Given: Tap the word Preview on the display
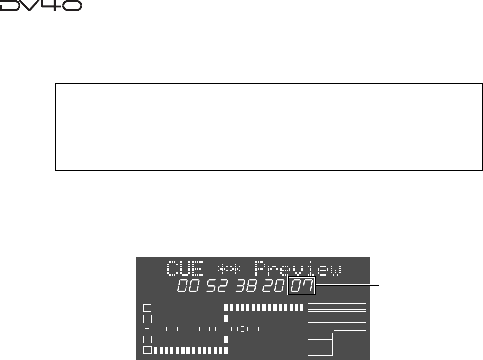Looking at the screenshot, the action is point(298,269).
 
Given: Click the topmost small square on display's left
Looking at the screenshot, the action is point(147,307).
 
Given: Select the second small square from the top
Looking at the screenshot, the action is point(147,319).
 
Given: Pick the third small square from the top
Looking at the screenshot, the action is point(147,339).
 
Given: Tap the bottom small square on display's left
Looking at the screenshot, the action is point(147,350).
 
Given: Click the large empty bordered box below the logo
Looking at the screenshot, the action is point(269,127).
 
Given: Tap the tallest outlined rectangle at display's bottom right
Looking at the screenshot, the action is point(350,341).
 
